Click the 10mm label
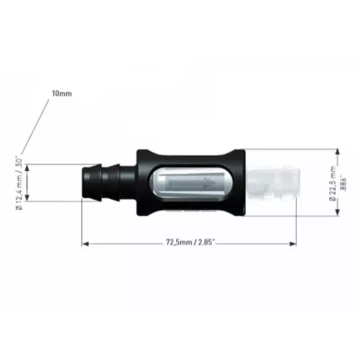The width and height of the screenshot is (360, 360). pyautogui.click(x=62, y=94)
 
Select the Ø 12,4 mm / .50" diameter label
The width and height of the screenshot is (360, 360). pyautogui.click(x=18, y=184)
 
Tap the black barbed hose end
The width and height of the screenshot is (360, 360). pyautogui.click(x=107, y=182)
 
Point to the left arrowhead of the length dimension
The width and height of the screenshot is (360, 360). pyautogui.click(x=86, y=243)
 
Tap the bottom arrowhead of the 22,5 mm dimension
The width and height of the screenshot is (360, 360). pyautogui.click(x=338, y=213)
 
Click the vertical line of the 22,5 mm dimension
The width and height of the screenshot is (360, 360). pyautogui.click(x=338, y=182)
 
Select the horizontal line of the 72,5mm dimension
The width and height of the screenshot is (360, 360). pyautogui.click(x=136, y=243)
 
